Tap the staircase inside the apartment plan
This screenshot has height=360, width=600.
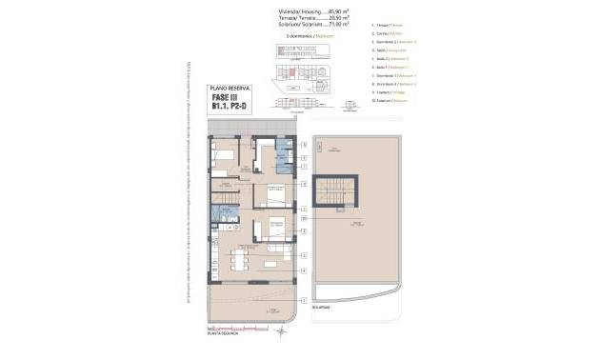(229, 201)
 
